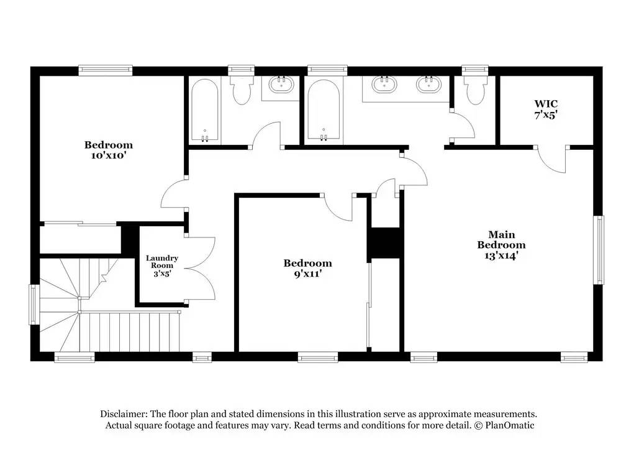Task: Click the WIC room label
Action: (546, 104)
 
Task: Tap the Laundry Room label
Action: (162, 262)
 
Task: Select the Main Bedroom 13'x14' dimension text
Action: (501, 256)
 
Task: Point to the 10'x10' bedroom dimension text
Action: (109, 155)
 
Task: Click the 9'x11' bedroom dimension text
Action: (308, 274)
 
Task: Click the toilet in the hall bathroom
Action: (242, 90)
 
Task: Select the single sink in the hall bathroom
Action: (281, 85)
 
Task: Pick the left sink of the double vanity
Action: (384, 85)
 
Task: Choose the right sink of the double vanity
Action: (428, 85)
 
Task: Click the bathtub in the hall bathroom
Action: (205, 110)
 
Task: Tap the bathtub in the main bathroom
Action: (324, 110)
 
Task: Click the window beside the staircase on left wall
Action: (35, 305)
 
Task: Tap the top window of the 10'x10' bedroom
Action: (106, 70)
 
